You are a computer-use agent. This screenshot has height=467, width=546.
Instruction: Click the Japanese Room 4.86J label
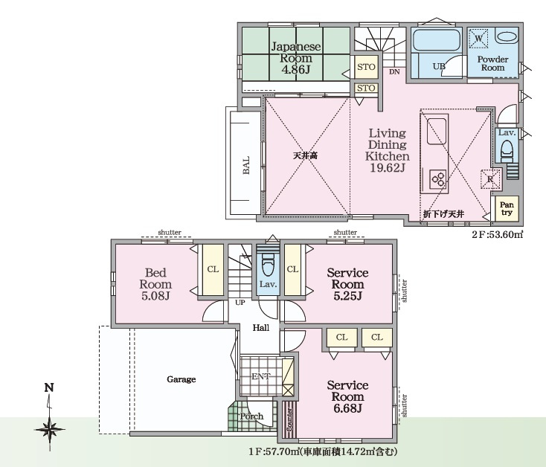[x=296, y=58]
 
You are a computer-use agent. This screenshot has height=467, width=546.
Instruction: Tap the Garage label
[x=181, y=379]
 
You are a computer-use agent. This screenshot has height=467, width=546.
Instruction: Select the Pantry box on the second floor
[x=507, y=208]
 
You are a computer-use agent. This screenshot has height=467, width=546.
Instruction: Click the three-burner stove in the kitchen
[x=438, y=179]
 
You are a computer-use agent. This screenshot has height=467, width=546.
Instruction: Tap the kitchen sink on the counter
[x=437, y=130]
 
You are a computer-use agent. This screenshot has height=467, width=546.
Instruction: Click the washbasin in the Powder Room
[x=507, y=37]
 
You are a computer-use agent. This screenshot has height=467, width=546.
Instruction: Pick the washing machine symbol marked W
[x=479, y=38]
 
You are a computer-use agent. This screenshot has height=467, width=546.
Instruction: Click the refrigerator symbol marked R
[x=490, y=179]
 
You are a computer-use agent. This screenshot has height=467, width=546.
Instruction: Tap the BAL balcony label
[x=245, y=165]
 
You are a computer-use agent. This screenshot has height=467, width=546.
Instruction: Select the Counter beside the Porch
[x=289, y=419]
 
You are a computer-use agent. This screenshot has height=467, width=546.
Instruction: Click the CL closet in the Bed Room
[x=213, y=269]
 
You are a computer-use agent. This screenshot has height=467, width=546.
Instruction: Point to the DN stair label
[x=394, y=72]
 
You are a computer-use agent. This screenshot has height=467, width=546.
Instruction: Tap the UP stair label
[x=240, y=303]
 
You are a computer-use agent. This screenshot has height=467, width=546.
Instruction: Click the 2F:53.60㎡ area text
[x=498, y=234]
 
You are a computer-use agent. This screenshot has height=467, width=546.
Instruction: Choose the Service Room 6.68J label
[x=347, y=396]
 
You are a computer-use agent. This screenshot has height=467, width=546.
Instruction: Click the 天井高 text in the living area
[x=306, y=156]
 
